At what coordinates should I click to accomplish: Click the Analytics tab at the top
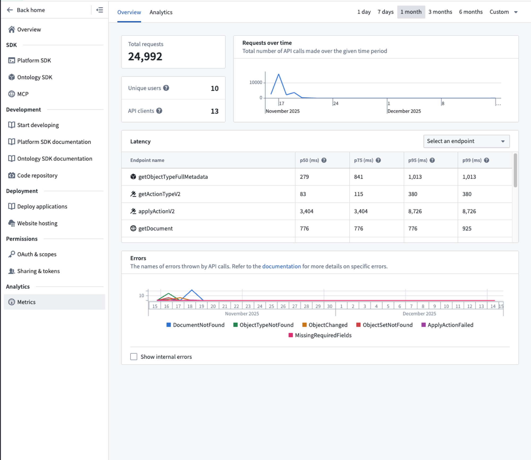[x=161, y=12]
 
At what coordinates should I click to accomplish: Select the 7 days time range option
[x=385, y=12]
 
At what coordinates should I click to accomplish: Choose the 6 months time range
[x=470, y=12]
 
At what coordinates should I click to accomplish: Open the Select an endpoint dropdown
[x=466, y=141]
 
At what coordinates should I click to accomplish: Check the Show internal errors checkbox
[x=134, y=357]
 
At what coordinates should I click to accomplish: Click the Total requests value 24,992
[x=145, y=56]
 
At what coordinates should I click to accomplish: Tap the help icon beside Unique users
[x=166, y=88]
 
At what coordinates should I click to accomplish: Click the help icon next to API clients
[x=159, y=111]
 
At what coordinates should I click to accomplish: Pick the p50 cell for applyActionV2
[x=306, y=211]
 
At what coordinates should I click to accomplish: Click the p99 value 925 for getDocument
[x=467, y=229]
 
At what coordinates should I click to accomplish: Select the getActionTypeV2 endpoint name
[x=159, y=194]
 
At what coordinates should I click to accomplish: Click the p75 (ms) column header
[x=363, y=160]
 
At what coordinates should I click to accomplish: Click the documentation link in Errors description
[x=281, y=266]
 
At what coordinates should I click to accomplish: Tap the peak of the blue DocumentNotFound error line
[x=192, y=290]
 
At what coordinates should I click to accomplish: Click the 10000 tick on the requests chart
[x=255, y=82]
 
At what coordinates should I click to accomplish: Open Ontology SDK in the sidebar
[x=35, y=77]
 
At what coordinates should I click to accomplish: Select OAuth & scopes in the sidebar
[x=37, y=254]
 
